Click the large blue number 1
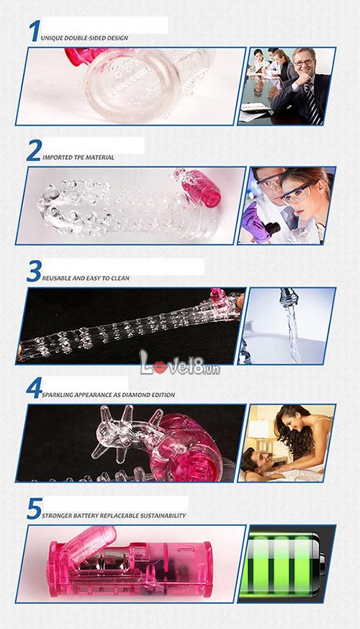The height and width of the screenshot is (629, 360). (35, 31)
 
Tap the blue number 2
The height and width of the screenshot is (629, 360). (34, 150)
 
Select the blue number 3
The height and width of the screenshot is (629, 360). (34, 271)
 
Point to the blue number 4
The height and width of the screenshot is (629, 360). (34, 388)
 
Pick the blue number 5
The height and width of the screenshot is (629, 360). (35, 508)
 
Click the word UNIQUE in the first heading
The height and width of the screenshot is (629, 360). (52, 38)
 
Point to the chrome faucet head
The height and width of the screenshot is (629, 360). (289, 298)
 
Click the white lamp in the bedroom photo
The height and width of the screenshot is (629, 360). (257, 429)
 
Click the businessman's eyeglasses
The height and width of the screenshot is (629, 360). (303, 63)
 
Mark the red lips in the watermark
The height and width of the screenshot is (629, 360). (160, 367)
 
